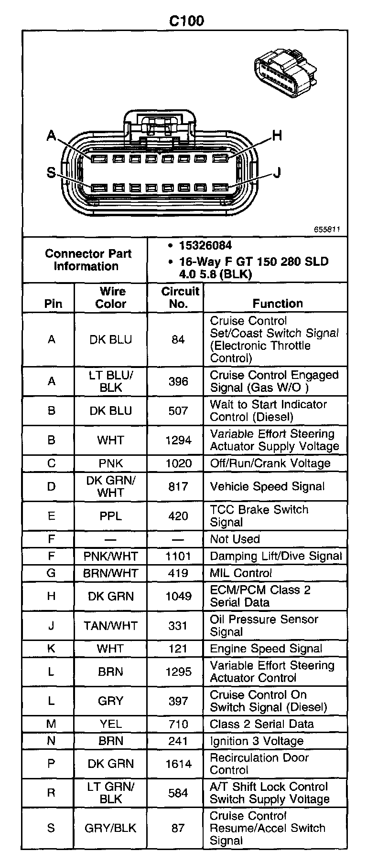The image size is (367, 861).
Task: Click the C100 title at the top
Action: [x=187, y=21]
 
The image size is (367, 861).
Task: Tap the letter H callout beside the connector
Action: [x=277, y=136]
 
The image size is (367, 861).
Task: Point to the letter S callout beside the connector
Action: [x=51, y=172]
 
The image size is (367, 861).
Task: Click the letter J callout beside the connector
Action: [x=277, y=172]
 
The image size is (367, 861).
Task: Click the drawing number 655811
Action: [x=327, y=229]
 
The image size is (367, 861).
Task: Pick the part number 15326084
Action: [x=205, y=245]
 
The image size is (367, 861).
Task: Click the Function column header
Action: [x=278, y=304]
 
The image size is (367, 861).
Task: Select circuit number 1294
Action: [x=178, y=441]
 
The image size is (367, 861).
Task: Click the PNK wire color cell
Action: [x=111, y=463]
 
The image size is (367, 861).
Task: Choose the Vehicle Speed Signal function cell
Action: [x=267, y=486]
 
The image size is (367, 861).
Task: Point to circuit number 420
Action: [x=178, y=516]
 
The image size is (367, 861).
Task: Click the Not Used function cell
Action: [x=235, y=539]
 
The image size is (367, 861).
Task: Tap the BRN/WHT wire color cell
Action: [x=111, y=573]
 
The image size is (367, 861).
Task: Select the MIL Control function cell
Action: [x=241, y=573]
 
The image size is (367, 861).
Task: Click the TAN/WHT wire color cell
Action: [x=111, y=625]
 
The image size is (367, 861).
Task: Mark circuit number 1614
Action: [x=178, y=764]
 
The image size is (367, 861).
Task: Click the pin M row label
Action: [x=51, y=724]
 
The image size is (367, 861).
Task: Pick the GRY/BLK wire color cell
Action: [x=111, y=828]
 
